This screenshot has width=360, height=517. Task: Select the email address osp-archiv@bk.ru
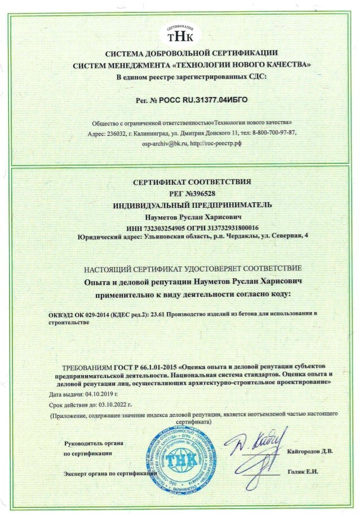[163, 144]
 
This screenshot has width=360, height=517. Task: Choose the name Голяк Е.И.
[303, 471]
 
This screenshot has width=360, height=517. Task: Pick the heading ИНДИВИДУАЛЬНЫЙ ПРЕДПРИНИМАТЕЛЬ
[180, 204]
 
